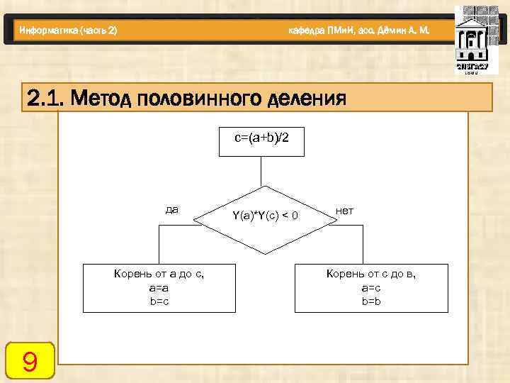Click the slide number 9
(x=30, y=362)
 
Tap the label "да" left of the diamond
(x=171, y=209)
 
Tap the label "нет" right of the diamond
(x=345, y=211)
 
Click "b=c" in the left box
(x=159, y=301)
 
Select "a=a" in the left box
(x=159, y=289)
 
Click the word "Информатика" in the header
(x=50, y=30)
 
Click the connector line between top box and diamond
(x=262, y=174)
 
